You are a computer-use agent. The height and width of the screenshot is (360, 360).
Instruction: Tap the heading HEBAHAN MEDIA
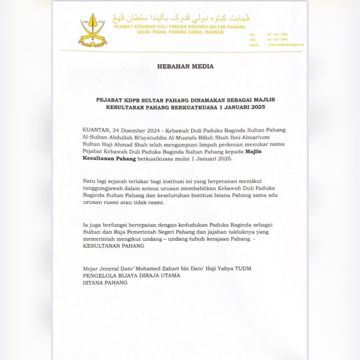point(185,67)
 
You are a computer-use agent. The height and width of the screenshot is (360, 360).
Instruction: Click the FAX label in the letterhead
point(252,40)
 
